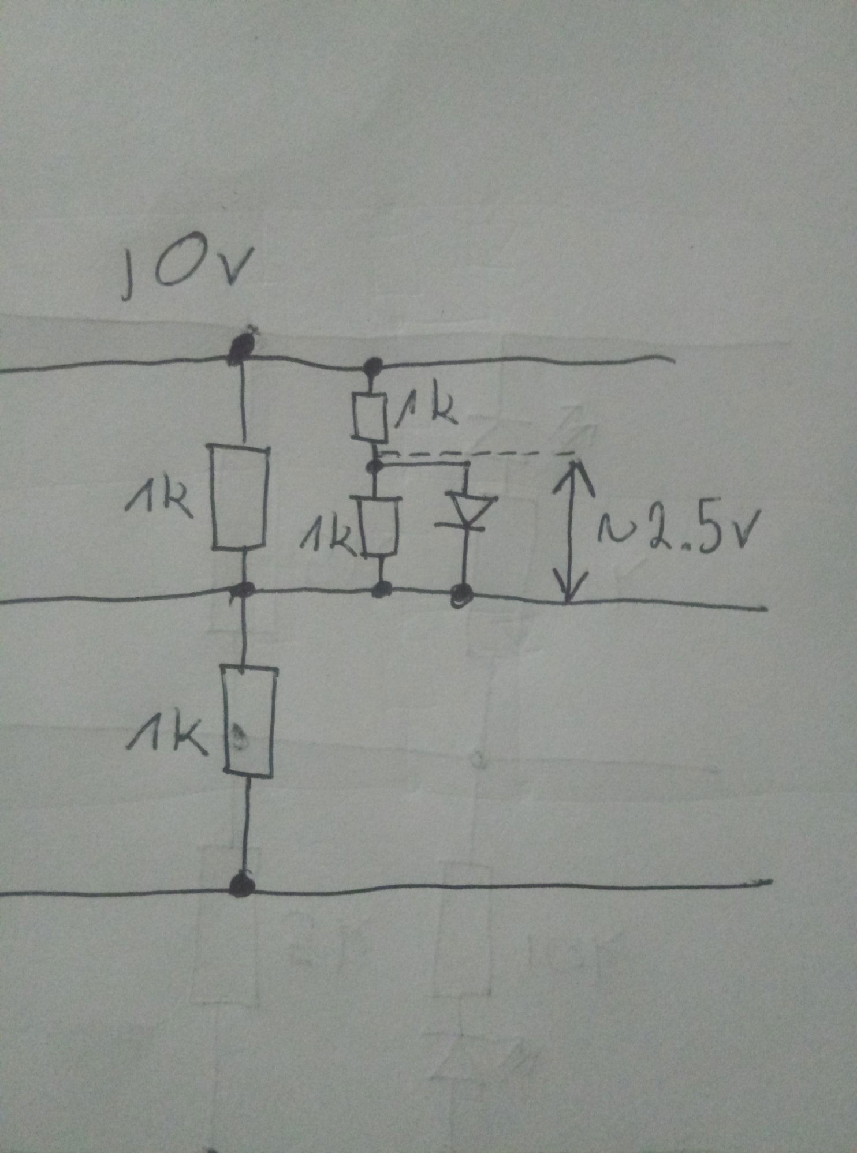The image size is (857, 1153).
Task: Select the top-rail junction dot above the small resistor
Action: click(374, 365)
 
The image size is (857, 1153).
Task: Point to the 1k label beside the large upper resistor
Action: click(158, 503)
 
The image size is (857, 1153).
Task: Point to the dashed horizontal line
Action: click(479, 453)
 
